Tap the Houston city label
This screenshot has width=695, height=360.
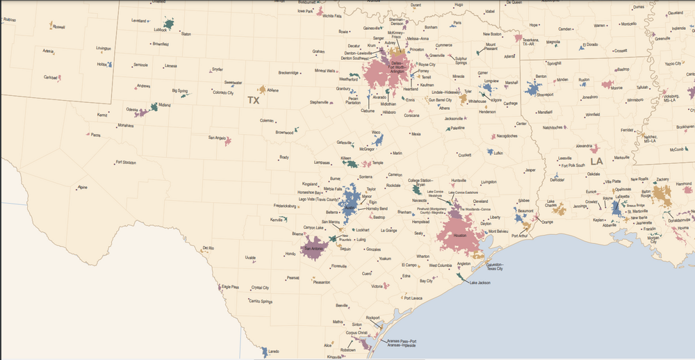[x=459, y=236]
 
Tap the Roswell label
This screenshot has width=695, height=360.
[x=59, y=27]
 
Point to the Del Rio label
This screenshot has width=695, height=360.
[x=208, y=248]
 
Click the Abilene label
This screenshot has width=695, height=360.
[x=272, y=90]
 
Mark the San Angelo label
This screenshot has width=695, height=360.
[x=217, y=138]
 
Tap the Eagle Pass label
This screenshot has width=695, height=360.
[x=230, y=286]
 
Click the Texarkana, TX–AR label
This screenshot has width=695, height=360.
[x=537, y=42]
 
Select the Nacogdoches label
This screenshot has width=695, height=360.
[x=512, y=136]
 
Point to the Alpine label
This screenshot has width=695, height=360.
[x=83, y=187]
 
